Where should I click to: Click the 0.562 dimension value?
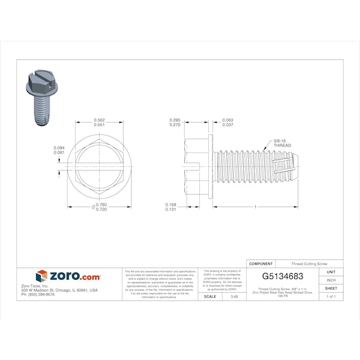pos(100,120)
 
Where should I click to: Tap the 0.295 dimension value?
pos(175,120)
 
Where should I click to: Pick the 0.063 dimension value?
pos(228,120)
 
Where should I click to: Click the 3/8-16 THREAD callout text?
pos(281,143)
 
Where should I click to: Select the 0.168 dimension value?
pos(172,205)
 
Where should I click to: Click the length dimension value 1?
pos(256,207)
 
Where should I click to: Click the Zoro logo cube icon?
pos(41,276)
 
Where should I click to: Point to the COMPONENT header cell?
pos(260,264)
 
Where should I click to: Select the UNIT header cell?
pos(331,272)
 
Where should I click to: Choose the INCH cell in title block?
pos(331,280)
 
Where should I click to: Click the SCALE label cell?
pos(210,296)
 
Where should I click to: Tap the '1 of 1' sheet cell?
pos(331,296)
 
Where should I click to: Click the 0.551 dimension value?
pos(100,125)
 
